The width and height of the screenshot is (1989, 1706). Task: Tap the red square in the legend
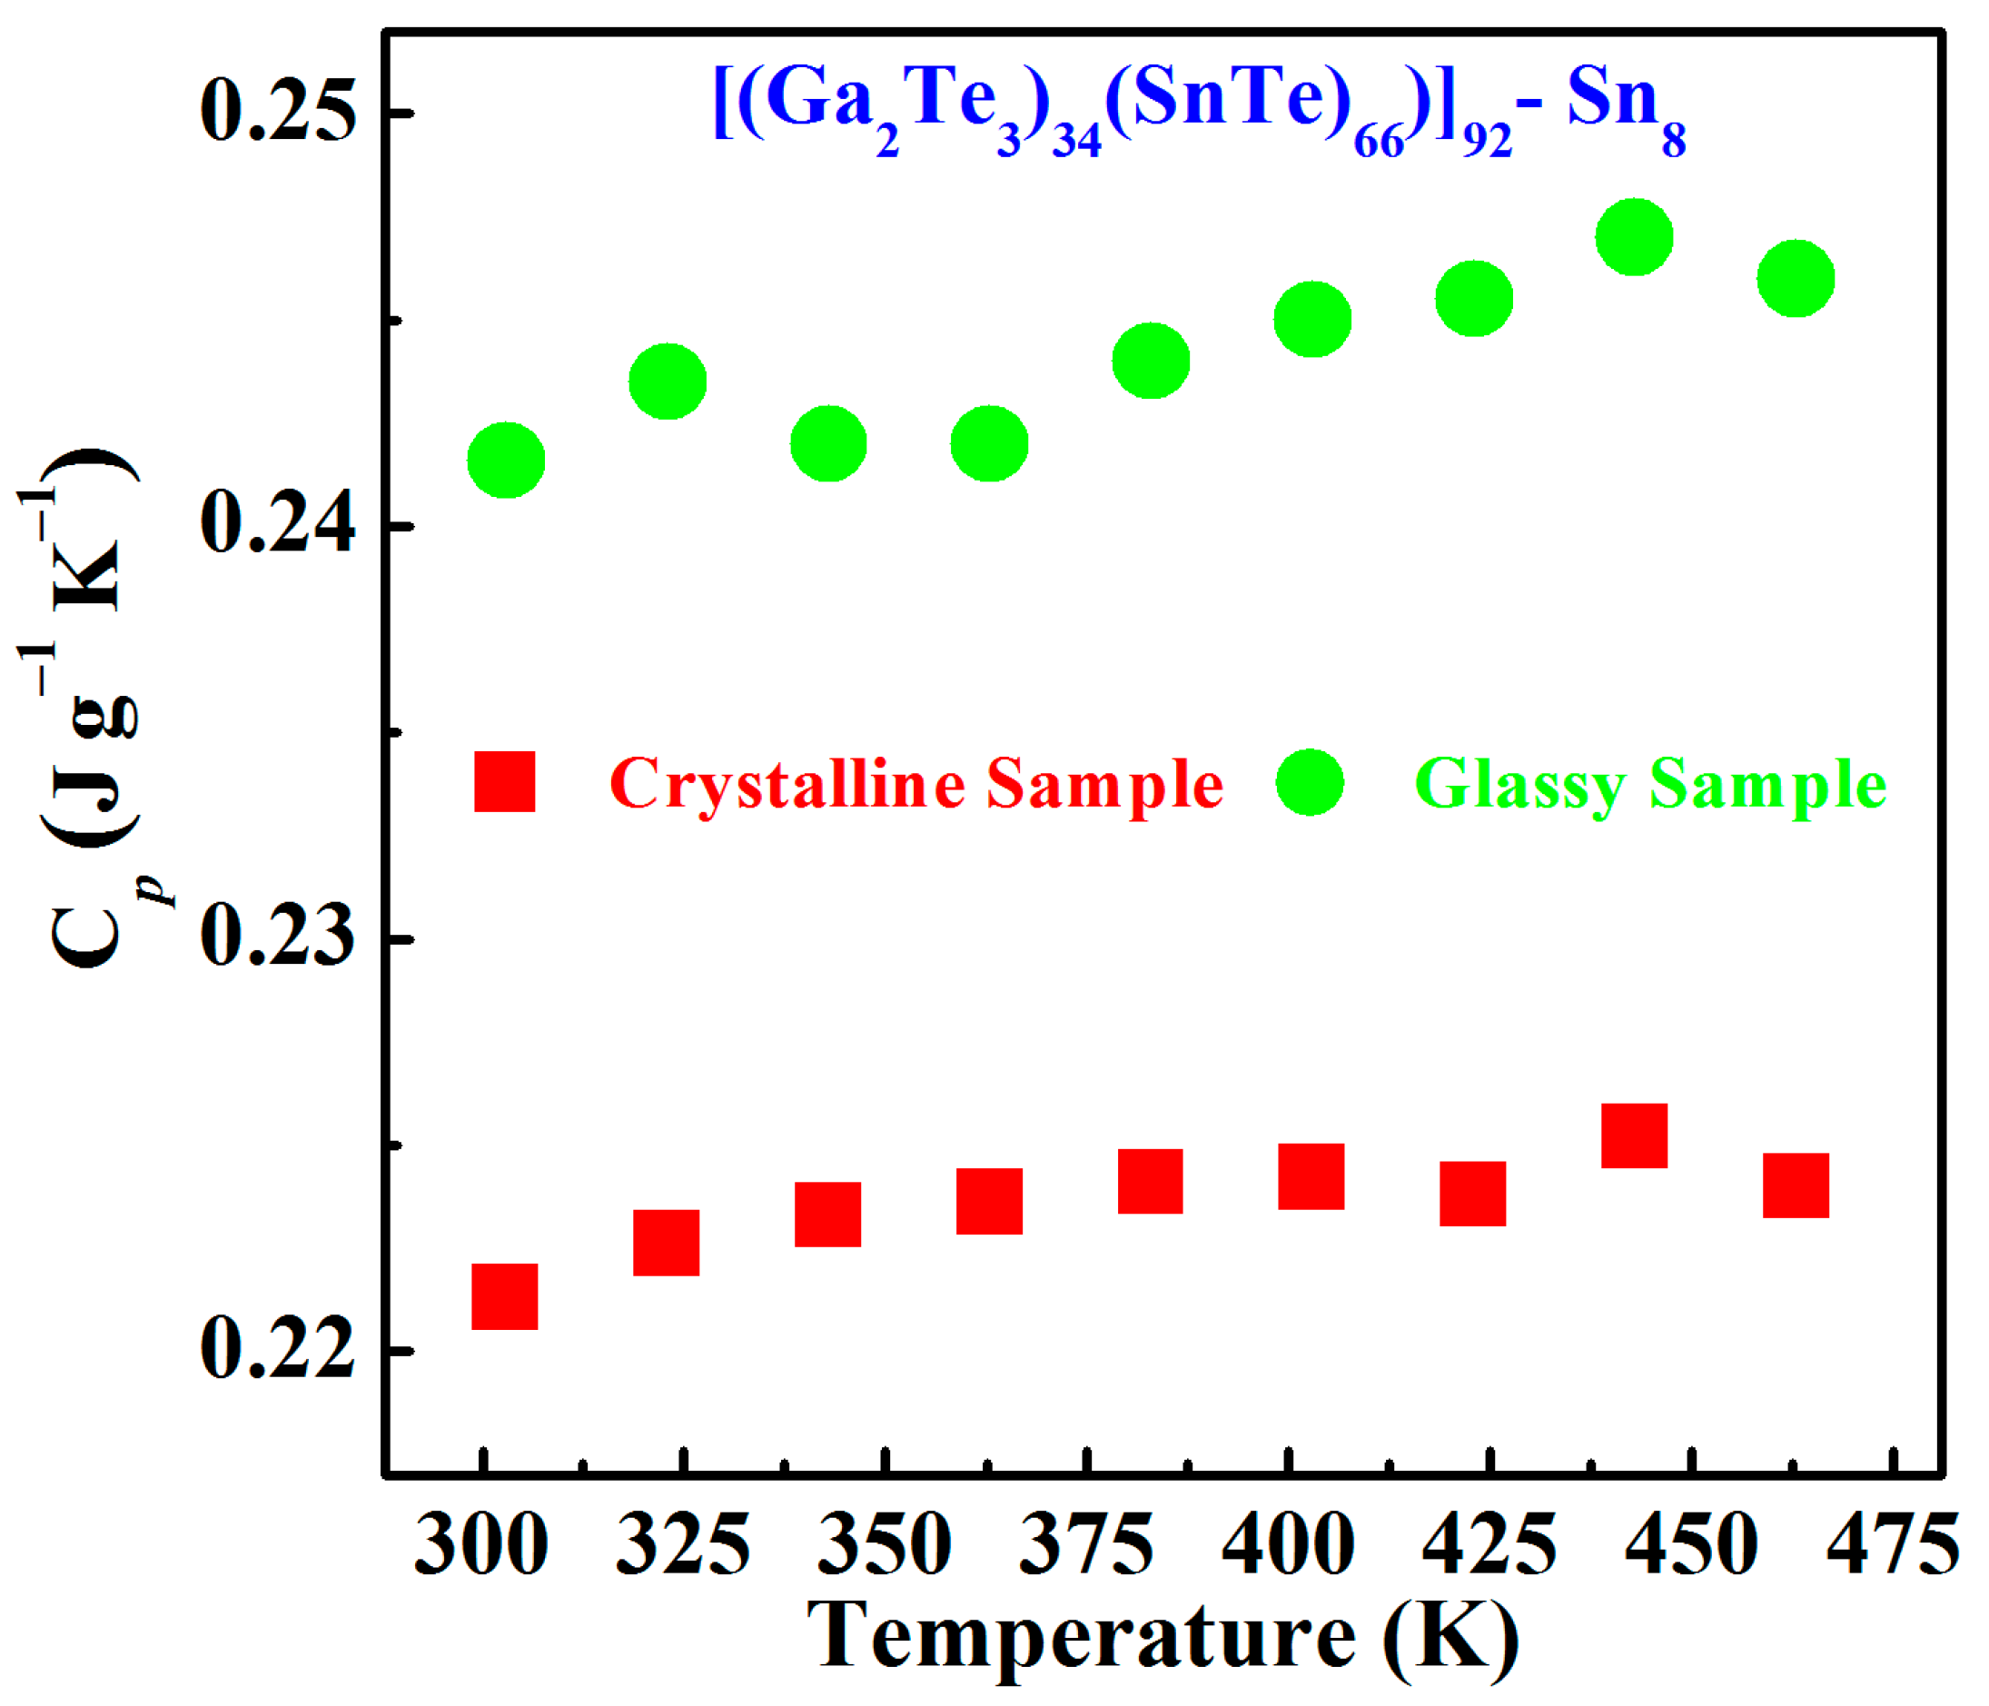coord(505,782)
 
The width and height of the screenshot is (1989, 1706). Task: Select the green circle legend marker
coord(1310,782)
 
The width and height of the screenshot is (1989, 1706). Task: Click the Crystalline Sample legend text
coord(915,784)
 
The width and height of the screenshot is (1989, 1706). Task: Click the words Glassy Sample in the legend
coord(1650,784)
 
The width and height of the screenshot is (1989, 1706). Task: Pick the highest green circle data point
coord(1634,237)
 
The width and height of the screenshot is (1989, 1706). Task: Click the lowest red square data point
coord(505,1297)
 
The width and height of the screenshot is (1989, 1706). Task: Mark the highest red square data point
coord(1634,1136)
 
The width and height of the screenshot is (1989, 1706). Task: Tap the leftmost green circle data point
coord(506,460)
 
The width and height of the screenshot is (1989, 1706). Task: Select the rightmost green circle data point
coord(1795,278)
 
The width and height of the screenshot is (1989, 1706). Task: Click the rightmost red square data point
coord(1795,1185)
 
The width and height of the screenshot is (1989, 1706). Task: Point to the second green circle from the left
coord(668,382)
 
